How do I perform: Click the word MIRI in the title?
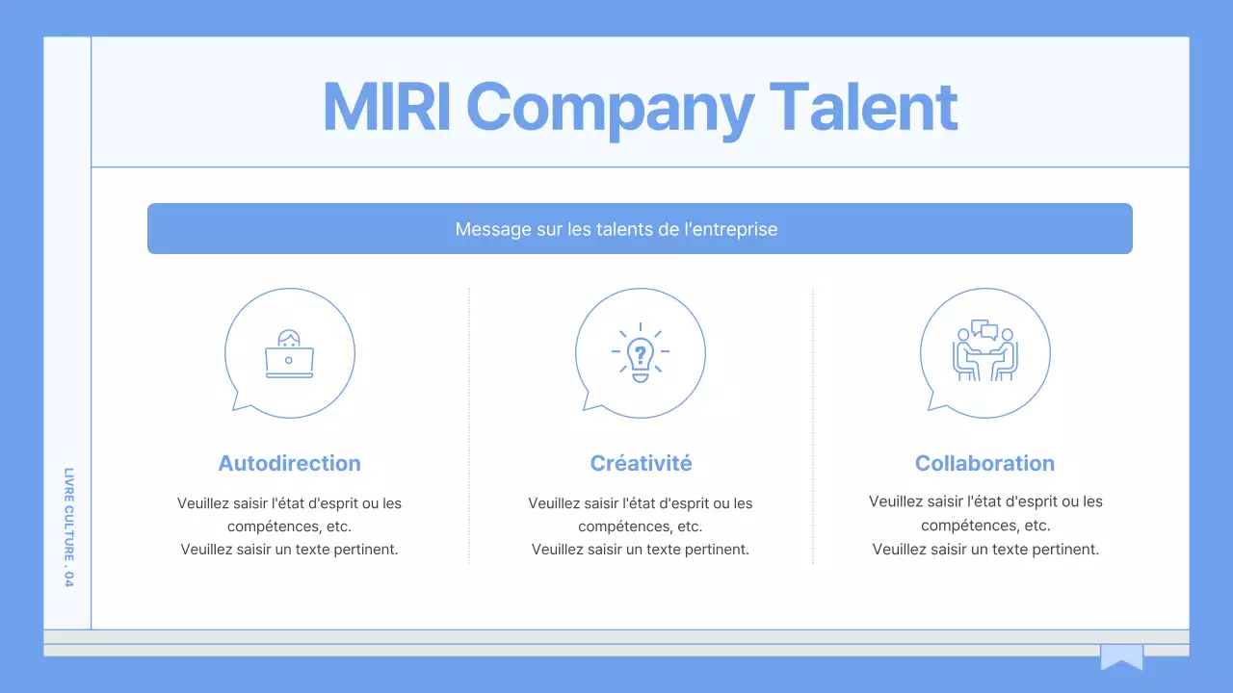(x=386, y=107)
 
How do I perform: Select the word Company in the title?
(x=610, y=110)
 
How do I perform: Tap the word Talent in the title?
(x=864, y=107)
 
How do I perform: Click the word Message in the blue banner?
(x=492, y=229)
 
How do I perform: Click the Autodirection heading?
(x=290, y=463)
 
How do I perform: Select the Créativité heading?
(x=641, y=463)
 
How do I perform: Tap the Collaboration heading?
(x=984, y=463)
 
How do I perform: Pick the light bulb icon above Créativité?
(x=641, y=352)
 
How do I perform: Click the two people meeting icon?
(x=985, y=350)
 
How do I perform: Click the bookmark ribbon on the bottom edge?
(x=1122, y=656)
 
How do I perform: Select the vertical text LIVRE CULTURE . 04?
(x=68, y=527)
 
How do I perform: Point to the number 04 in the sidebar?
(x=68, y=579)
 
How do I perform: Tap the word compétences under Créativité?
(x=615, y=526)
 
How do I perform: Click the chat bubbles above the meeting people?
(x=984, y=329)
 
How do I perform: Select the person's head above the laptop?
(x=289, y=338)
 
